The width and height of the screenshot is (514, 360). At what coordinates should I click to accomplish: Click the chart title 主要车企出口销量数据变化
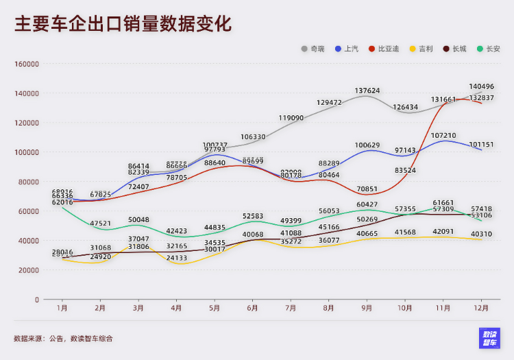pyautogui.click(x=123, y=24)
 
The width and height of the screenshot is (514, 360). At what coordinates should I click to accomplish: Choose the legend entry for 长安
pyautogui.click(x=488, y=49)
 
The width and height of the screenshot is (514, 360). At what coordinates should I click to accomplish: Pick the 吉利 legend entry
pyautogui.click(x=421, y=49)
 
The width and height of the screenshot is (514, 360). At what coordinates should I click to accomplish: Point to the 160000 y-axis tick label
pyautogui.click(x=27, y=64)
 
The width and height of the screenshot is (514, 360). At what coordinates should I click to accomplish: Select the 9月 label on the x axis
pyautogui.click(x=367, y=309)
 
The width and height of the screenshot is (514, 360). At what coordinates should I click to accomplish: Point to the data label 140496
pyautogui.click(x=482, y=87)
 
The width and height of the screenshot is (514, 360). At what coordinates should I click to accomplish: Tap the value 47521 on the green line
pyautogui.click(x=101, y=224)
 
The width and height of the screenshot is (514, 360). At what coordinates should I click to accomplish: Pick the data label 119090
pyautogui.click(x=291, y=118)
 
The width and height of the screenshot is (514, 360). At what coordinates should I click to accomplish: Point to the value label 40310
pyautogui.click(x=482, y=235)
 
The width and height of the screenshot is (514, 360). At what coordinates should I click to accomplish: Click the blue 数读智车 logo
pyautogui.click(x=489, y=338)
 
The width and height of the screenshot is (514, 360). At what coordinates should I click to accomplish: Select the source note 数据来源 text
pyautogui.click(x=63, y=338)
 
